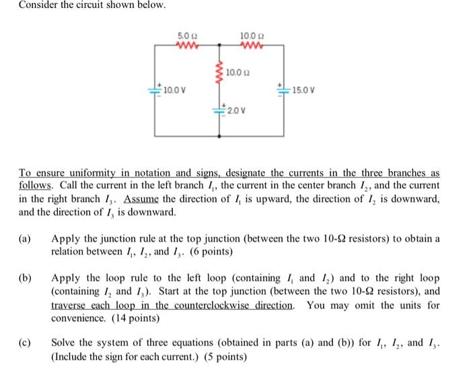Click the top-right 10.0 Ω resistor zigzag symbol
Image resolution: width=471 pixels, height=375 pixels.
point(250,45)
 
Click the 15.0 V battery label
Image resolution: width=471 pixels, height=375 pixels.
point(302,88)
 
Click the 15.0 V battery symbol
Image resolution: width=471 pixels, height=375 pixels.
point(283,88)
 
